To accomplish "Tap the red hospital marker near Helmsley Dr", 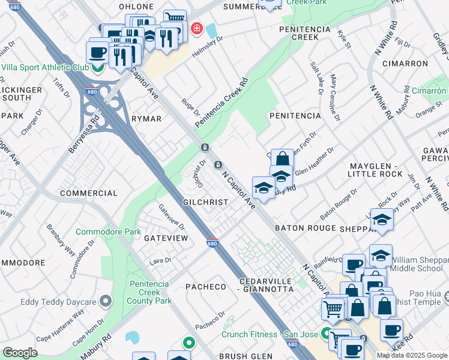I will [x=196, y=28].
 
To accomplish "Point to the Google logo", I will [x=20, y=353].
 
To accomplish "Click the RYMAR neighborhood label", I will [x=146, y=119].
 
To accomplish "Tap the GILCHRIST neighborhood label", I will [x=206, y=203].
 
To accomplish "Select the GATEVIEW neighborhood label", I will [x=166, y=238].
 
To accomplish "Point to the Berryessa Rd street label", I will [x=83, y=134].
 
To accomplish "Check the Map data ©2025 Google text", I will [x=412, y=355].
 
